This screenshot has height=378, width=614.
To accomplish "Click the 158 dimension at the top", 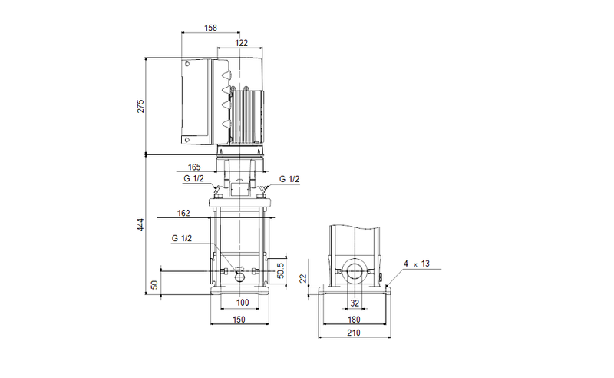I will (x=210, y=28).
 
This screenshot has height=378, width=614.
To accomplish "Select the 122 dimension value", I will (x=241, y=44).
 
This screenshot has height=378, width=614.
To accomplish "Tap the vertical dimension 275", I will (x=140, y=106).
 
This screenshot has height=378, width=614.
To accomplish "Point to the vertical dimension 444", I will (x=140, y=224).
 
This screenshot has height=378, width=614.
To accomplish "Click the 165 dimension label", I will (x=194, y=167).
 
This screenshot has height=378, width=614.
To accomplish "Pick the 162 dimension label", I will (x=183, y=214).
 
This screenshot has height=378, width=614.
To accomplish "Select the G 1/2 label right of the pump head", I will (x=289, y=179).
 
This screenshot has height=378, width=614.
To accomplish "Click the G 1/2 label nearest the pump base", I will (x=182, y=239).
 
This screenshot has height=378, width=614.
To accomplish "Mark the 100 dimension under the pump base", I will (x=243, y=302).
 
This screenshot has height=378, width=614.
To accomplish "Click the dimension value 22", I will (x=303, y=278).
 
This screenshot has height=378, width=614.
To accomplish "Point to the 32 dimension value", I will (x=355, y=302).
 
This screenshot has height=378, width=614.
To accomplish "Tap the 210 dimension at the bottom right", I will (x=355, y=334).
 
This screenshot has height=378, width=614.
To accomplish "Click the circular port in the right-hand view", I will (x=355, y=272).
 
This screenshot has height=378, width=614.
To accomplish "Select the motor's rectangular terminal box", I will (x=198, y=102).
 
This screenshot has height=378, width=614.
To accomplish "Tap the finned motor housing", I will (x=248, y=115).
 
